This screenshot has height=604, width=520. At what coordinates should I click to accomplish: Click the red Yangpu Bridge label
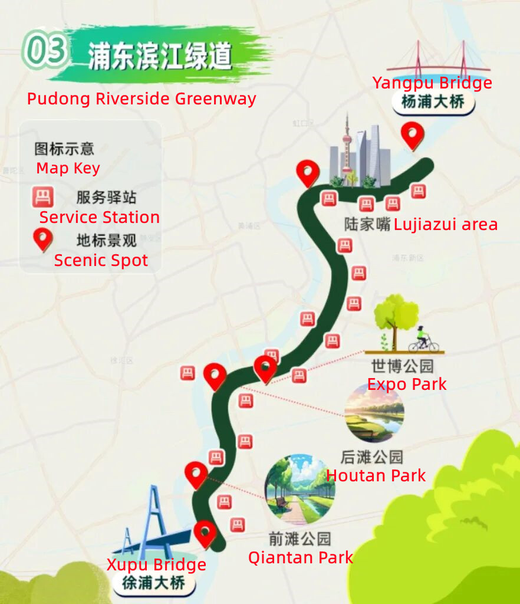432,83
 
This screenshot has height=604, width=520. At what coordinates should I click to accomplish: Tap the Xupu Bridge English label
156,564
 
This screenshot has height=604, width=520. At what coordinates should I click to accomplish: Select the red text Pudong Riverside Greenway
141,99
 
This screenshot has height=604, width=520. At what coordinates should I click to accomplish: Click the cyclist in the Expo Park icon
422,339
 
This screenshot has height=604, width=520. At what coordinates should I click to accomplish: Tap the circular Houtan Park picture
374,412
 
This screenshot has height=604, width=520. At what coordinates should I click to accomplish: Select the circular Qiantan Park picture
300,489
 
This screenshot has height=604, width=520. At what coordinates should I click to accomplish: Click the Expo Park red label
407,385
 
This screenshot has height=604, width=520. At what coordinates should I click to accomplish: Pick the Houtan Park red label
376,475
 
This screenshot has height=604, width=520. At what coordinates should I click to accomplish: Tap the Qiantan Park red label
300,557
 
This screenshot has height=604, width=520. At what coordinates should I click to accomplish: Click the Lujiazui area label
446,225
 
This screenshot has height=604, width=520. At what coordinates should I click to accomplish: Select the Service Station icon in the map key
42,197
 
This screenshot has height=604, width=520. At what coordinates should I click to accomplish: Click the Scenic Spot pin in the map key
42,239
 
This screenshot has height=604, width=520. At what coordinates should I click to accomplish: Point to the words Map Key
68,168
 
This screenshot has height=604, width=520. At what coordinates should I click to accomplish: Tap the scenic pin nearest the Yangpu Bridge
412,135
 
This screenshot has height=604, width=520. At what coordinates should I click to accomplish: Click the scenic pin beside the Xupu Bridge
205,533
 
